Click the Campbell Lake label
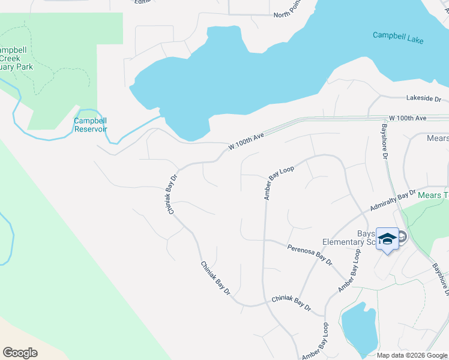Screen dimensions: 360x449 pyautogui.click(x=398, y=37)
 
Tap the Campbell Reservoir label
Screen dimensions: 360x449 pyautogui.click(x=91, y=125)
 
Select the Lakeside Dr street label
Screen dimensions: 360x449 pyautogui.click(x=424, y=98)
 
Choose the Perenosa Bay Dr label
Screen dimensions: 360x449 pyautogui.click(x=309, y=255)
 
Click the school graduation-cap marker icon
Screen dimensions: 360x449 pyautogui.click(x=387, y=239)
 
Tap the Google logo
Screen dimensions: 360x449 pyautogui.click(x=20, y=353)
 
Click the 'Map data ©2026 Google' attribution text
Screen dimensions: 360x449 pyautogui.click(x=412, y=355)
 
